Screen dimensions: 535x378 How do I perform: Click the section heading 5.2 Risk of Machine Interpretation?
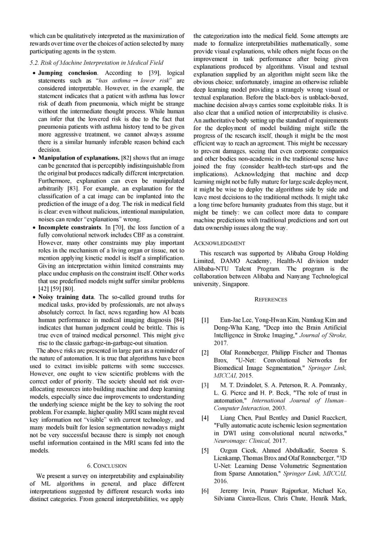(96, 63)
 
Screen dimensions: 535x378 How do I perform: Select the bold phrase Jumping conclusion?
(68, 73)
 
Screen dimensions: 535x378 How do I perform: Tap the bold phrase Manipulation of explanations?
(79, 158)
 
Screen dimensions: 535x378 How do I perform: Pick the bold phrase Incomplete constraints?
(70, 227)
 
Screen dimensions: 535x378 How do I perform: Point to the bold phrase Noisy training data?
(66, 297)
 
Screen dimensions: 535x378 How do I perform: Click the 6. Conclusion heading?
(107, 466)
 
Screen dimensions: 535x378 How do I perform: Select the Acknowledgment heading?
(219, 243)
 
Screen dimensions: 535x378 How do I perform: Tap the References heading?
(271, 300)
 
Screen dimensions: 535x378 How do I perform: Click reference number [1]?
(205, 320)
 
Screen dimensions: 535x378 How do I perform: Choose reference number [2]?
(205, 353)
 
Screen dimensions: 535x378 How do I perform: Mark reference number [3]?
(205, 385)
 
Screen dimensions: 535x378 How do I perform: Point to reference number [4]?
(205, 418)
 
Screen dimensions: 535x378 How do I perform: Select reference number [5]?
(205, 451)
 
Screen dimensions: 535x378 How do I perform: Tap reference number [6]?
(205, 491)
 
